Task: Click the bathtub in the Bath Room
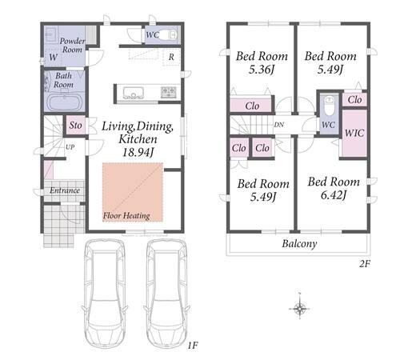[x=65, y=102]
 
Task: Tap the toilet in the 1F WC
[x=170, y=34]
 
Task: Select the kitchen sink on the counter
[x=133, y=93]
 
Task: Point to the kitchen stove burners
[x=169, y=92]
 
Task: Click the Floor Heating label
[x=126, y=215]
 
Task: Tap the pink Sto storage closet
[x=76, y=125]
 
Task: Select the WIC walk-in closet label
[x=354, y=133]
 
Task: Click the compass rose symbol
[x=300, y=307]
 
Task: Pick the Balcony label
[x=299, y=244]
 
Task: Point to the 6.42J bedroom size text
[x=334, y=195]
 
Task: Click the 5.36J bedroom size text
[x=262, y=70]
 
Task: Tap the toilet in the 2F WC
[x=330, y=106]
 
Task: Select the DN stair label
[x=279, y=125]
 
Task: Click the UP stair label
[x=70, y=147]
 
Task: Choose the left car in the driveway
[x=104, y=293]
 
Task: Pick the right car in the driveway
[x=166, y=293]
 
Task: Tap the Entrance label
[x=65, y=190]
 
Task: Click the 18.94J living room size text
[x=138, y=152]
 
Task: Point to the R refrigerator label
[x=171, y=57]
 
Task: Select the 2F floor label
[x=365, y=264]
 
